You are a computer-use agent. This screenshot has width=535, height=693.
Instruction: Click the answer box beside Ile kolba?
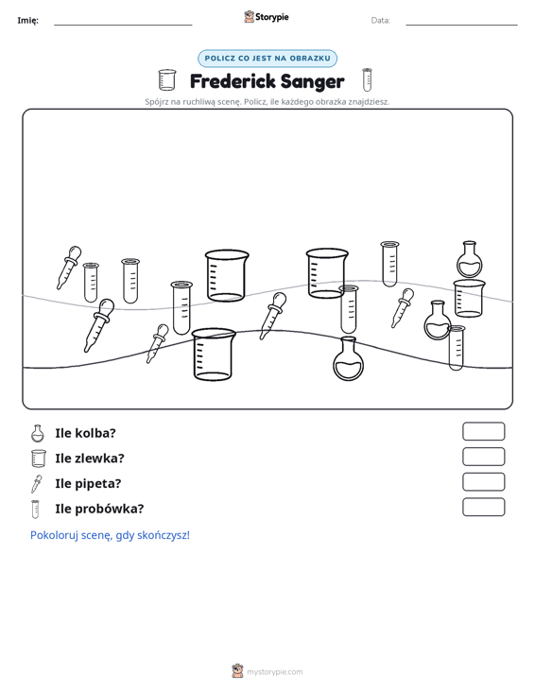(x=483, y=431)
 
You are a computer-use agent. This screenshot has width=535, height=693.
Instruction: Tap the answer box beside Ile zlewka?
(x=483, y=457)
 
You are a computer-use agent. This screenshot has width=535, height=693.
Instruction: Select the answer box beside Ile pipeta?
(x=483, y=482)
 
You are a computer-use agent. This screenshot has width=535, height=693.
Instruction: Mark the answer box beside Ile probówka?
(x=483, y=507)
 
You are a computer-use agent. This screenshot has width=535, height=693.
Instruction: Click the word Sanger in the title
(x=312, y=82)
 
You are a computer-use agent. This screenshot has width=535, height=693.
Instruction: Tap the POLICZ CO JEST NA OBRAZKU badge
(x=267, y=59)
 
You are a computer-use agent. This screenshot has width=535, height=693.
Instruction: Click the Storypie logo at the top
(x=267, y=17)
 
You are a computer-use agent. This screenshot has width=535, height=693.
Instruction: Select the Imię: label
(x=27, y=21)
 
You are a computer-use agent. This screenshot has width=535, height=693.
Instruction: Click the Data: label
(x=380, y=21)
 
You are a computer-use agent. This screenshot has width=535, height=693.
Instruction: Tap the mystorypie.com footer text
(x=274, y=672)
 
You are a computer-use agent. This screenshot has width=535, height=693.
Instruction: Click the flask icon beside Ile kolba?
(x=38, y=434)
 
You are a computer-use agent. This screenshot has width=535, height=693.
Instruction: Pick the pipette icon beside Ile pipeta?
(x=36, y=484)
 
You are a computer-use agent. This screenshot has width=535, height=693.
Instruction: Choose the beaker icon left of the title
(x=167, y=80)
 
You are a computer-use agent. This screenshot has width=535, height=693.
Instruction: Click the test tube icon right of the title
(x=367, y=79)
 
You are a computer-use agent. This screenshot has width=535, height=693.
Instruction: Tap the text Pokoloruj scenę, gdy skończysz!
(x=110, y=535)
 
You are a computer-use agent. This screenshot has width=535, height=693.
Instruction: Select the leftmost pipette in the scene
(x=68, y=268)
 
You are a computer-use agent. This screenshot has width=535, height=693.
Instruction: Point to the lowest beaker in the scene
(x=214, y=355)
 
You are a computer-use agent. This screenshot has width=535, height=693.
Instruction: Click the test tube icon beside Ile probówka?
(x=35, y=510)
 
